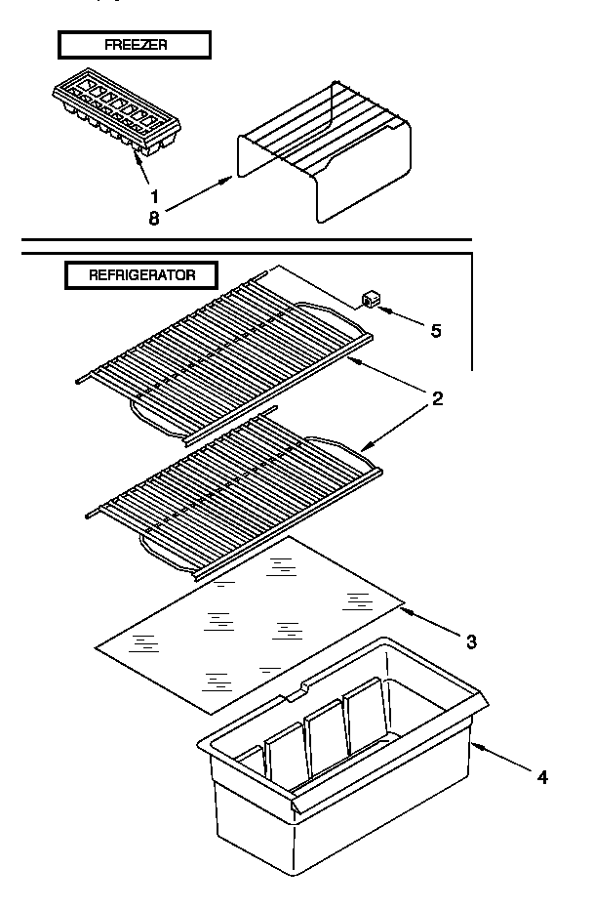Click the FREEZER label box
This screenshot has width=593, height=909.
point(134,45)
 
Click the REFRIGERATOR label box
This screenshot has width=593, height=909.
point(141,275)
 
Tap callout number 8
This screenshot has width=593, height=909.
point(154,218)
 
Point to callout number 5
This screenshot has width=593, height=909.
point(435,331)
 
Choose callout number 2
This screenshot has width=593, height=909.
point(438,398)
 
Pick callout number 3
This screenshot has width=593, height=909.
point(471,641)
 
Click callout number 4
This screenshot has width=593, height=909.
point(542,777)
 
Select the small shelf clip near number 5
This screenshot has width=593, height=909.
point(370,299)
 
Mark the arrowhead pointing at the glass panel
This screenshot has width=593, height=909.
point(406,610)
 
